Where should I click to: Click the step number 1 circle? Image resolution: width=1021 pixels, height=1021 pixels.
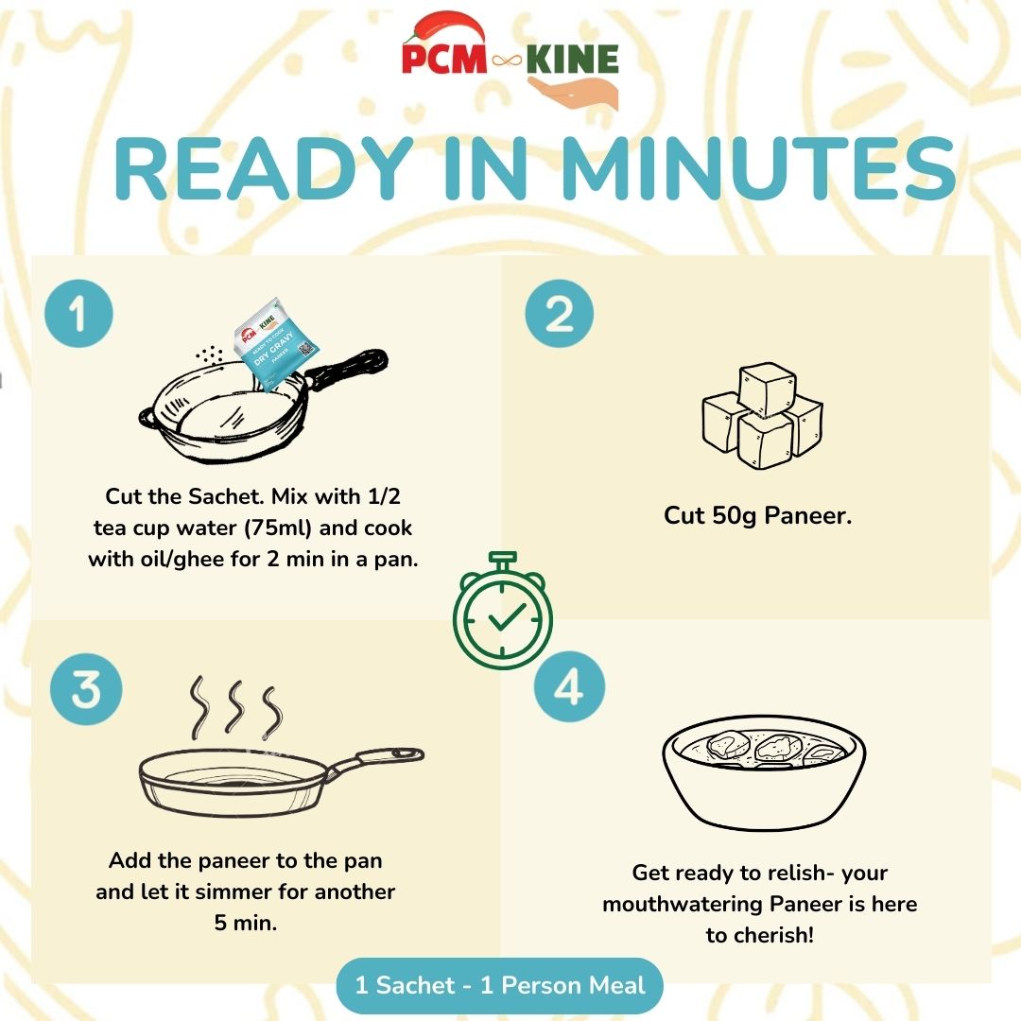click(x=78, y=313)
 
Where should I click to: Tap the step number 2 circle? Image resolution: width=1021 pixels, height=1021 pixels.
click(x=560, y=313)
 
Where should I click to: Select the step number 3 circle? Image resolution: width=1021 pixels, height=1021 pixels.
click(x=86, y=691)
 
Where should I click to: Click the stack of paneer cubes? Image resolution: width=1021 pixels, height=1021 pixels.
click(x=762, y=418)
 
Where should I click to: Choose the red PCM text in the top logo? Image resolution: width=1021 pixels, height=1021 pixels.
click(x=442, y=60)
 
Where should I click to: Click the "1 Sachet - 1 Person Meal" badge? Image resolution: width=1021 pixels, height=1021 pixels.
click(x=500, y=986)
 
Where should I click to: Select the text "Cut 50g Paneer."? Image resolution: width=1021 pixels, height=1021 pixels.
click(x=757, y=517)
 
